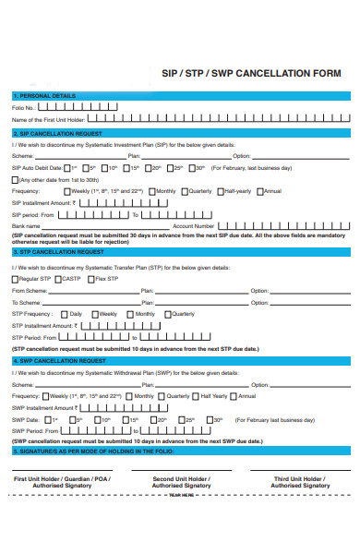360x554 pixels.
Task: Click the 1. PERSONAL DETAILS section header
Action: (x=44, y=96)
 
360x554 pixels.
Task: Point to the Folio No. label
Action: (x=24, y=108)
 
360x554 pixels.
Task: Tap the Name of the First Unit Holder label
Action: (x=49, y=120)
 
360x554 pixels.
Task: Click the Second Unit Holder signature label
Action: (x=182, y=482)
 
